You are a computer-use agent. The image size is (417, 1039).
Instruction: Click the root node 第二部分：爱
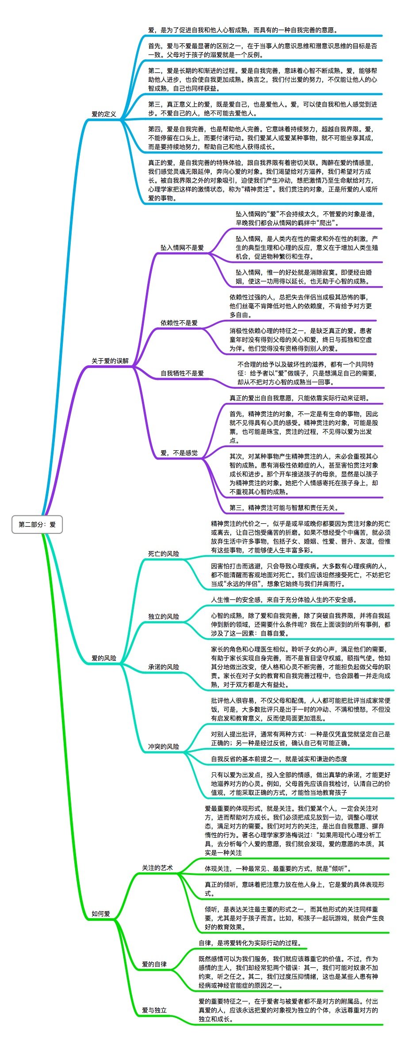click(37, 525)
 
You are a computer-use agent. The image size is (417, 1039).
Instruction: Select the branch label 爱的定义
click(103, 114)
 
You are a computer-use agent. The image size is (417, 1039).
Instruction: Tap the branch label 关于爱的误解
click(110, 361)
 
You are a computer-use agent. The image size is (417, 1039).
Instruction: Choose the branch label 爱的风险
click(103, 658)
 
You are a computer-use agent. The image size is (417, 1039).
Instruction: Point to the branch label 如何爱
click(100, 914)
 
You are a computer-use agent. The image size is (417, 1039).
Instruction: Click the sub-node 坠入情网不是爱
click(182, 248)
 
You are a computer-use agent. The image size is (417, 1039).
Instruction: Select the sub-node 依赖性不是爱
click(179, 323)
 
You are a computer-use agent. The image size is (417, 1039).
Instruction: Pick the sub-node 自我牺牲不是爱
click(182, 373)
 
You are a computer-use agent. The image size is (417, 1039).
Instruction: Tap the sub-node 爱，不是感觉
click(179, 453)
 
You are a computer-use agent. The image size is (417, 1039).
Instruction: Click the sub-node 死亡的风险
click(163, 554)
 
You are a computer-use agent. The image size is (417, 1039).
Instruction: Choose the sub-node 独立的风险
click(163, 617)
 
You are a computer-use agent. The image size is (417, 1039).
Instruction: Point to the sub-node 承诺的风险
click(163, 667)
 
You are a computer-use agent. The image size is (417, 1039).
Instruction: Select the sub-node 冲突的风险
click(163, 747)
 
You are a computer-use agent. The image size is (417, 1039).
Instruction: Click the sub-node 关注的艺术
click(157, 868)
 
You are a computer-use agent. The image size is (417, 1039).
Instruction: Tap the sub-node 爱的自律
click(154, 964)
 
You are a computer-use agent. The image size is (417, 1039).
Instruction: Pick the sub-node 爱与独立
click(154, 1010)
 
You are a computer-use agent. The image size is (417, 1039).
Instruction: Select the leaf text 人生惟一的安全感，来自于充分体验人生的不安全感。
click(283, 600)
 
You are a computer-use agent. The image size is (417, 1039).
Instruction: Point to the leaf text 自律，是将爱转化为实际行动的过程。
click(249, 943)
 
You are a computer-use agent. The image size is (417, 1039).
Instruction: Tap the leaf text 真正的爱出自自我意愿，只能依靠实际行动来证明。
click(299, 398)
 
